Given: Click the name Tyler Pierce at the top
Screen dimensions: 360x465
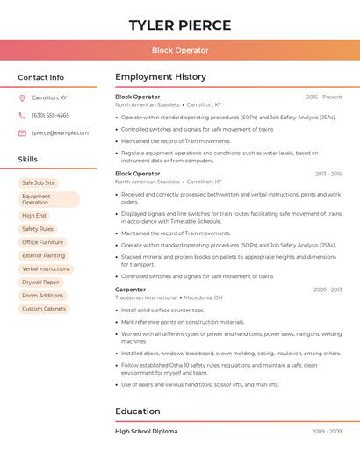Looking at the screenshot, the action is [x=180, y=25].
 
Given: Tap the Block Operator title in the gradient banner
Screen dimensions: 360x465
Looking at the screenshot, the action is [x=180, y=50].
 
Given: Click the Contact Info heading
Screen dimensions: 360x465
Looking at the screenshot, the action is [x=41, y=77].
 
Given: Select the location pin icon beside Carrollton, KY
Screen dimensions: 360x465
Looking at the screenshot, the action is [x=22, y=97].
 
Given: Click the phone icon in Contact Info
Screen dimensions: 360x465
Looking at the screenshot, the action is [x=22, y=115].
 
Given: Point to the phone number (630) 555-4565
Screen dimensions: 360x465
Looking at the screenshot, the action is [x=50, y=115].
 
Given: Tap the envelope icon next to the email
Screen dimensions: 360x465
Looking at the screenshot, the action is [x=22, y=132].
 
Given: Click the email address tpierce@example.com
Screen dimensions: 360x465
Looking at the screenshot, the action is [x=60, y=132].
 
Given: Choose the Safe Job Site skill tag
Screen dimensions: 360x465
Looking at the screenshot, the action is [x=39, y=182].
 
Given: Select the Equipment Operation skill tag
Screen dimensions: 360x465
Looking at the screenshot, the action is [x=48, y=199].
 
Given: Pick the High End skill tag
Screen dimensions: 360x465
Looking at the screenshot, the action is [x=34, y=215].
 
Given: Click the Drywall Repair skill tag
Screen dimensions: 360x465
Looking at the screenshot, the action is [x=41, y=282].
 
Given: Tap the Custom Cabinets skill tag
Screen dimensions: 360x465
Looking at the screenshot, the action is [x=44, y=309].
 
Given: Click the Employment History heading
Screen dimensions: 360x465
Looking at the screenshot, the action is [x=161, y=77].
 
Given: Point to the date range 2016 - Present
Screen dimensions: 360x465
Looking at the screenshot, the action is [x=324, y=97].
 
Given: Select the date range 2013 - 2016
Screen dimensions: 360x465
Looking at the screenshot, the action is [x=328, y=174].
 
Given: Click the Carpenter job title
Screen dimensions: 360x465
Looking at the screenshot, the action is [x=131, y=290].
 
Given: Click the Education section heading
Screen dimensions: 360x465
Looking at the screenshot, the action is [x=138, y=411].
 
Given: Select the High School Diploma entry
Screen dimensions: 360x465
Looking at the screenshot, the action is [x=147, y=431].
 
